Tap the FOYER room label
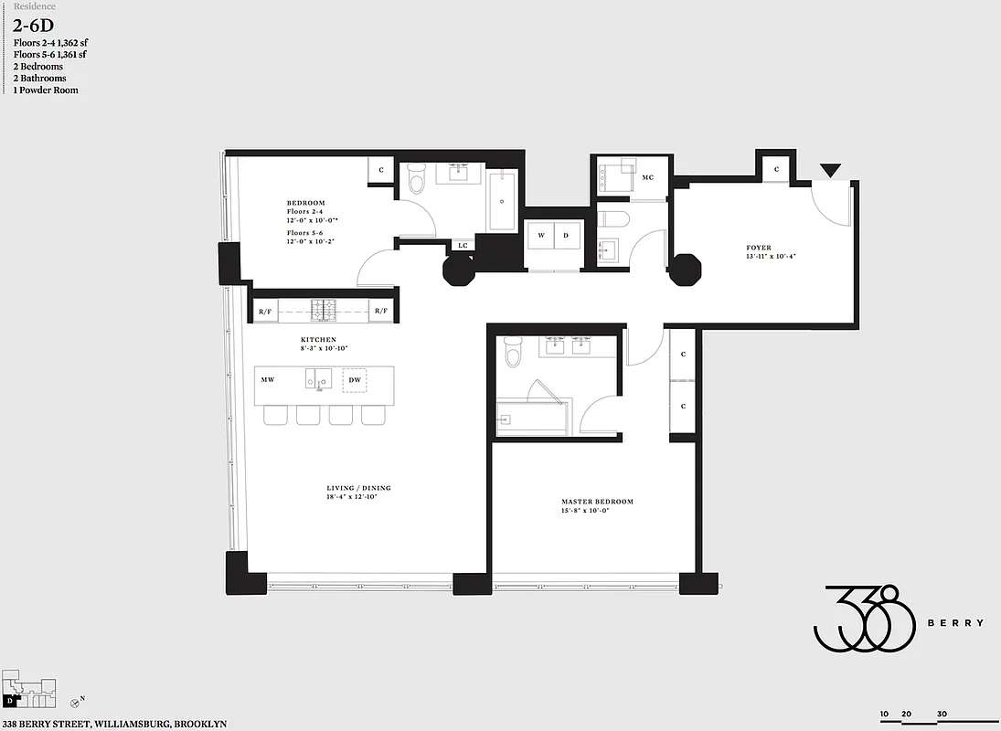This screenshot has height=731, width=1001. (x=758, y=248)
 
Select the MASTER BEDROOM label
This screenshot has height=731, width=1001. (x=596, y=502)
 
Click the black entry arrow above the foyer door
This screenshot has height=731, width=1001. (x=830, y=171)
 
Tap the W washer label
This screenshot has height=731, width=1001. (x=541, y=236)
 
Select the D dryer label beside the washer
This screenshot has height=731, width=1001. (x=567, y=236)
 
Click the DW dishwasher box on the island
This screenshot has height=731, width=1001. (x=355, y=379)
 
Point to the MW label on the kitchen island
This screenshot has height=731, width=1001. (x=268, y=379)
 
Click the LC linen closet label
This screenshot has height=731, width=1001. (x=463, y=245)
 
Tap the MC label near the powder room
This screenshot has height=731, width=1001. (x=648, y=177)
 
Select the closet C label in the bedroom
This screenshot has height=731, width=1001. (x=381, y=171)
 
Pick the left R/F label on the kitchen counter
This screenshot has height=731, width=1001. (x=266, y=312)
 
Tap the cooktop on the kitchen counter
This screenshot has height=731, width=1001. (x=324, y=312)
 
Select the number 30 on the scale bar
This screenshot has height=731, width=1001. (x=941, y=715)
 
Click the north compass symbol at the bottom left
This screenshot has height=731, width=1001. (x=75, y=702)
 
